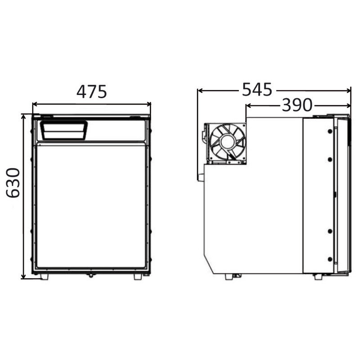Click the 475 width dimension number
91,91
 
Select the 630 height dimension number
13,183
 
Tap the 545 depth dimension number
257,90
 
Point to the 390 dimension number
297,105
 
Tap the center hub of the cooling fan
227,142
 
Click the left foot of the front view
44,277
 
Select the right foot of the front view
137,277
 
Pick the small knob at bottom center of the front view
91,275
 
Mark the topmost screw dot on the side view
330,130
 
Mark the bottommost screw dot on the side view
330,259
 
